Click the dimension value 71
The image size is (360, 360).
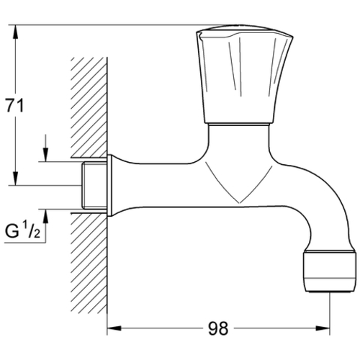coord(15,106)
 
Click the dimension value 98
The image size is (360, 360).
coord(218,328)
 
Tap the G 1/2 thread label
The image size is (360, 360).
coord(22,230)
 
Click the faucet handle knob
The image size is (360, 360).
coord(244,74)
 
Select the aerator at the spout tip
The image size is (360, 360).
coord(329,271)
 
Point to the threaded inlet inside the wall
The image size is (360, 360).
coord(94,185)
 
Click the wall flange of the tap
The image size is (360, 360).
coord(109,186)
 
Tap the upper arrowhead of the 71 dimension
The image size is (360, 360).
coord(16,32)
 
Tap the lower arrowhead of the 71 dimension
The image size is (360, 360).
coord(16,178)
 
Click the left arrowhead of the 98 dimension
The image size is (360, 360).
coord(114,328)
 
